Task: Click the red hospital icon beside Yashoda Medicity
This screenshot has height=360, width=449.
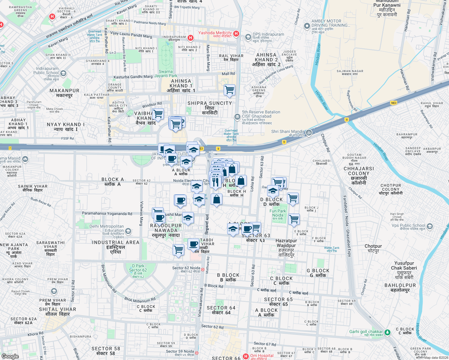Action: [236, 34]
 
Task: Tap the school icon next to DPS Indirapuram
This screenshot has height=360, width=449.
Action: [248, 37]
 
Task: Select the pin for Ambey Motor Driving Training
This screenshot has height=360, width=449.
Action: [307, 26]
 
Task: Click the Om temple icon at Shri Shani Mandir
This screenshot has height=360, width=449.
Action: [309, 133]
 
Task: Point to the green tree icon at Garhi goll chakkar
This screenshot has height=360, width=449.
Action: [387, 332]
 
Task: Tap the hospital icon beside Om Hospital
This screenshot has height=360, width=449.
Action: [246, 356]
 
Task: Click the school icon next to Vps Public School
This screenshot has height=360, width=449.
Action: [430, 226]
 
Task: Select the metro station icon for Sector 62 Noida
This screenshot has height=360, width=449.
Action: [203, 269]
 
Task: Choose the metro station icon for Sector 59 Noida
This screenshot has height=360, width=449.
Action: [197, 353]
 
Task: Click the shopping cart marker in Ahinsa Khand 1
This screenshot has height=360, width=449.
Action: [230, 90]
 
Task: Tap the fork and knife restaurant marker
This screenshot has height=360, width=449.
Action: [215, 182]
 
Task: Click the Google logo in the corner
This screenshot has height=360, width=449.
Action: [10, 356]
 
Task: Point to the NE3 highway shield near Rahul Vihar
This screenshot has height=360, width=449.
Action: [393, 103]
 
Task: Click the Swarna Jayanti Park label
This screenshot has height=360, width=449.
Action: [166, 74]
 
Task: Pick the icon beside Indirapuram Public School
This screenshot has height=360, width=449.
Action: [63, 73]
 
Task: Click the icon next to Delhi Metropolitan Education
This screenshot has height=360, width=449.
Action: [128, 231]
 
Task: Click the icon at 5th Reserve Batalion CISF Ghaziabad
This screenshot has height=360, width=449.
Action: [237, 116]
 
